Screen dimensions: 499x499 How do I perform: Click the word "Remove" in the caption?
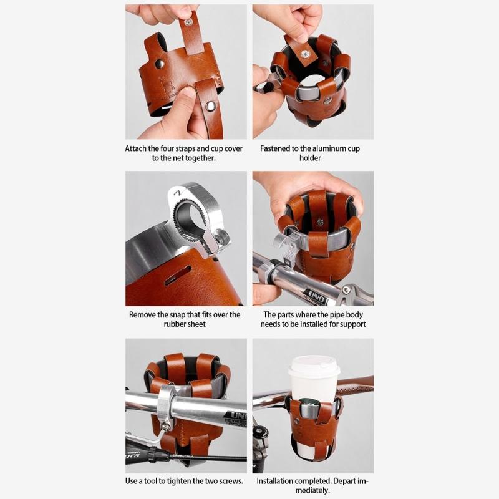143,315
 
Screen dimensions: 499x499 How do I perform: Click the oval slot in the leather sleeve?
178,275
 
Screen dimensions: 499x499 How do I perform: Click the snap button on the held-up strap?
188,22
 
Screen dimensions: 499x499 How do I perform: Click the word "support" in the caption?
351,324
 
